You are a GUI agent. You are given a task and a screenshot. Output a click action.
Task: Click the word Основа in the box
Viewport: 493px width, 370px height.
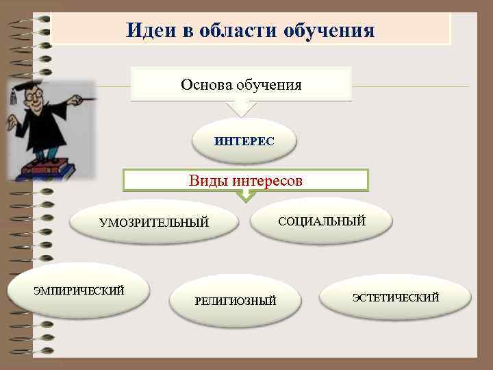pyautogui.click(x=207, y=84)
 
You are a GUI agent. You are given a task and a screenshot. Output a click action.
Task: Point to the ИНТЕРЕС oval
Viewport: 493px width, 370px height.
pyautogui.click(x=244, y=141)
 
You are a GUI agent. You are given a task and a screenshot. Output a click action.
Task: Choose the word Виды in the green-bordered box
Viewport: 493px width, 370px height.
pyautogui.click(x=209, y=181)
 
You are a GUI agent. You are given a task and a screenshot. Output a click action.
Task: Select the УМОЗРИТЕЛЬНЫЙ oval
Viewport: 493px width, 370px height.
pyautogui.click(x=153, y=223)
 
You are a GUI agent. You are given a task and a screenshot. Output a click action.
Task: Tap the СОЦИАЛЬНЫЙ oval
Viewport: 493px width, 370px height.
pyautogui.click(x=321, y=221)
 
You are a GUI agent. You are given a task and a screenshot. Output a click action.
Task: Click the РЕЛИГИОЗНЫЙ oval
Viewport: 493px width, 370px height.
pyautogui.click(x=235, y=301)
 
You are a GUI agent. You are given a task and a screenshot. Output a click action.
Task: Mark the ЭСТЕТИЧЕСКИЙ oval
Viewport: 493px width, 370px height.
pyautogui.click(x=395, y=297)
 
